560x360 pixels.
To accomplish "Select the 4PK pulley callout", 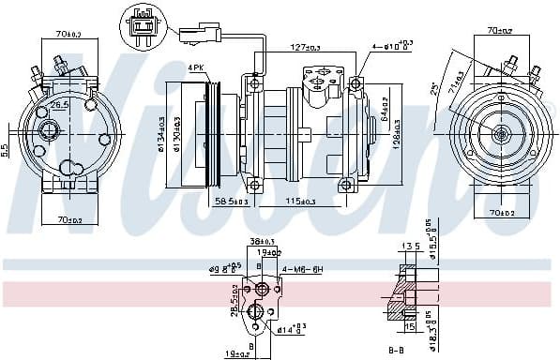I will click(195, 67).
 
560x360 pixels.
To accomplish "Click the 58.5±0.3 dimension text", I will click(231, 200).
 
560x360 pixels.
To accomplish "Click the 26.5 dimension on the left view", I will click(60, 106).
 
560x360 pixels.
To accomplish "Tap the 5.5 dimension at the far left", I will click(6, 148).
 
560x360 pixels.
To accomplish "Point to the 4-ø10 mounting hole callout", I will click(391, 44).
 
